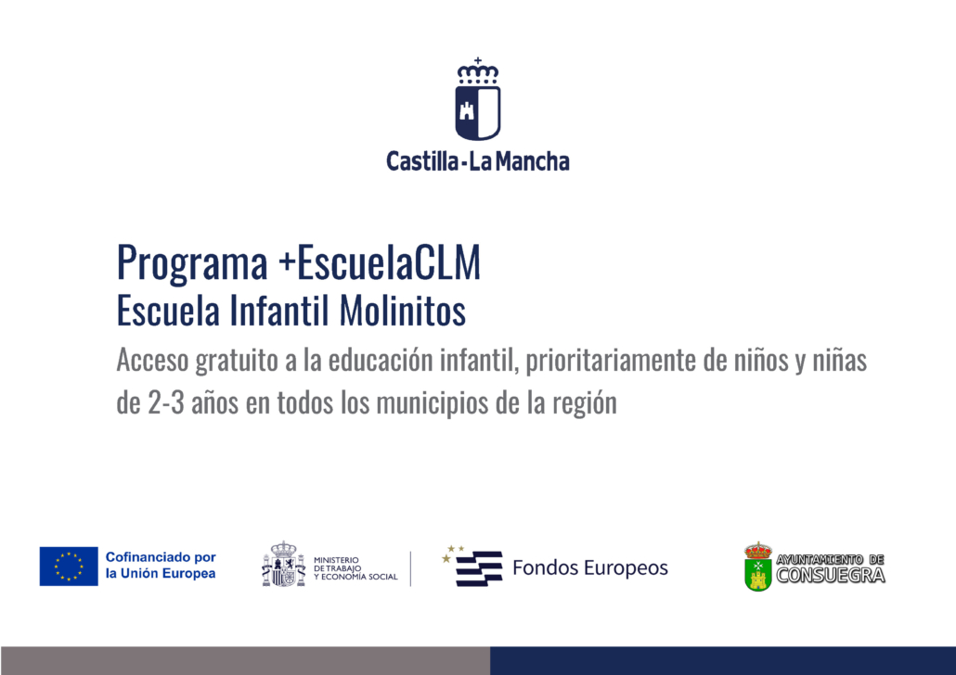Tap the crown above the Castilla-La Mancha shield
tap(478, 70)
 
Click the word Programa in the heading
tap(192, 263)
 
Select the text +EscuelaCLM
tap(380, 262)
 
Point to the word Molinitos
tap(403, 310)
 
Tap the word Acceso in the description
tap(152, 360)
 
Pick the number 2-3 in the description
tap(166, 402)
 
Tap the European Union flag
tap(69, 566)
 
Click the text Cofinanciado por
tap(161, 557)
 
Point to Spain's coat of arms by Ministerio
tap(283, 564)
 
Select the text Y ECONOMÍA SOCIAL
tap(355, 577)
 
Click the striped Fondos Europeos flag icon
tap(473, 567)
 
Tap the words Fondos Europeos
tap(590, 567)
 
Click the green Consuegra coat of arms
tap(758, 567)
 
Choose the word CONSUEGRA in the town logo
tap(831, 575)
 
